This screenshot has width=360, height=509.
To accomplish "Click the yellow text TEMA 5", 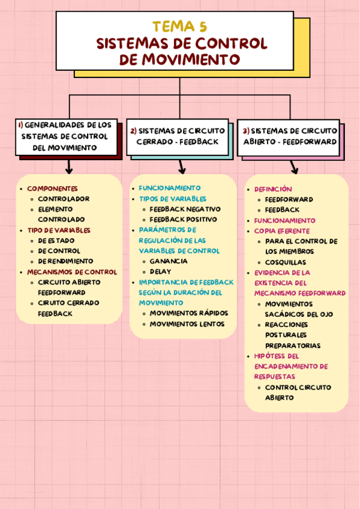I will coord(180,27).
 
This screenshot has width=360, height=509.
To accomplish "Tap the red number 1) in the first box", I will coord(20,125).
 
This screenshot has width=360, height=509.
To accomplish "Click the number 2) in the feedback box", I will coord(134,131).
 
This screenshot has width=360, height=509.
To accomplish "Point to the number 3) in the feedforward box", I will coord(246,131).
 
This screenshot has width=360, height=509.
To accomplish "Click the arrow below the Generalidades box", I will coord(70,166).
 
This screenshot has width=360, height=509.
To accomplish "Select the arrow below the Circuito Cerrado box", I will coord(181,166).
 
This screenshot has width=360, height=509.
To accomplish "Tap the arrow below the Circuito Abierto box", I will coord(294,167).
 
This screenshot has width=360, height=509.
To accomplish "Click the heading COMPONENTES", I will coord(52,188).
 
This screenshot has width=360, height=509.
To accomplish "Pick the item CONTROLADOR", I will coord(64,199).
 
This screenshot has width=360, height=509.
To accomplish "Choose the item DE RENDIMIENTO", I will coord(65,261).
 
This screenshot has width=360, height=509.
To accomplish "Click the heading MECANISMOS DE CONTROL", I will coord(72,271).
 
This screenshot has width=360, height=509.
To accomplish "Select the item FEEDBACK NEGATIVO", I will coord(185,209).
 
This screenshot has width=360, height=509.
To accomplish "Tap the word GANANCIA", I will coord(169,261).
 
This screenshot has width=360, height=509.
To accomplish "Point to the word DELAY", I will coord(160,271).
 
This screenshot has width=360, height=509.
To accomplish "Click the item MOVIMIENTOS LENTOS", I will coord(187,324).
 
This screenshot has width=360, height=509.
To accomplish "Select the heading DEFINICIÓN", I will coord(273,189).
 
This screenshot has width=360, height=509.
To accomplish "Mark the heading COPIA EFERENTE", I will coord(282,230).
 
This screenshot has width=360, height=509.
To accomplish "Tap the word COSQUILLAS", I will coord(286,262).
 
